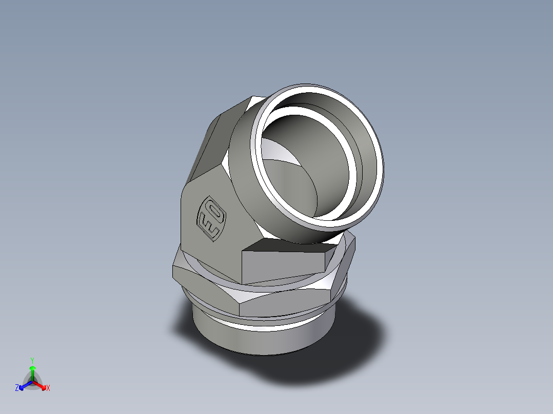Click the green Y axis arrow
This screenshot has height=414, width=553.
(32, 371)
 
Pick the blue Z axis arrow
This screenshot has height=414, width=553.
(24, 385)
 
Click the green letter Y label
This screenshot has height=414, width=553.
(32, 360)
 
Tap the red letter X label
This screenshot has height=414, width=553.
(48, 388)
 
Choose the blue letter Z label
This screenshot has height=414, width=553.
(17, 388)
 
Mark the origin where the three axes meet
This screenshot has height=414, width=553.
(32, 382)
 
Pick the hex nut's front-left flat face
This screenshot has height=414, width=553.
(205, 287)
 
